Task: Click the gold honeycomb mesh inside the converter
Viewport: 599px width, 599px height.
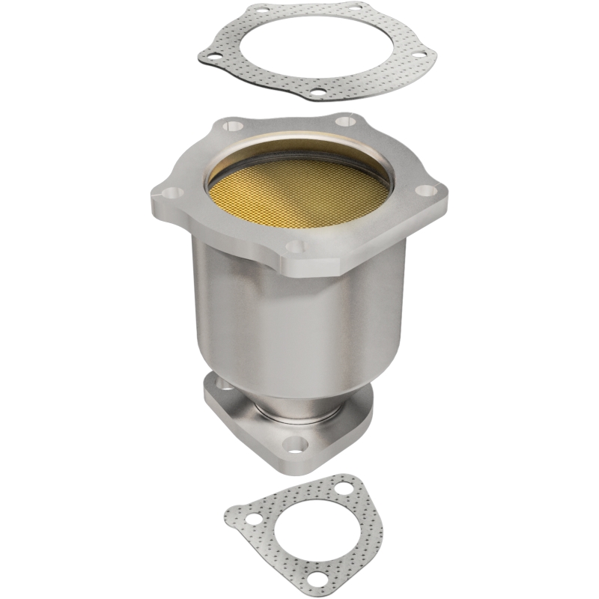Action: point(299,192)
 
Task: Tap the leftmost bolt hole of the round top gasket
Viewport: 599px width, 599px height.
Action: point(212,55)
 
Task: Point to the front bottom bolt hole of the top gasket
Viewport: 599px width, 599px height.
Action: point(317,93)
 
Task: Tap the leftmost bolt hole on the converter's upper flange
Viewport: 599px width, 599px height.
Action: point(172,193)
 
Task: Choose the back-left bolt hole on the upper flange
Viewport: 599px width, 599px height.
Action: point(233,127)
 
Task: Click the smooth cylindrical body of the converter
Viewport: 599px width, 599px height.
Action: point(299,314)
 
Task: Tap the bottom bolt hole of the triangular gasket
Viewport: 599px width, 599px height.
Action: point(322,577)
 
